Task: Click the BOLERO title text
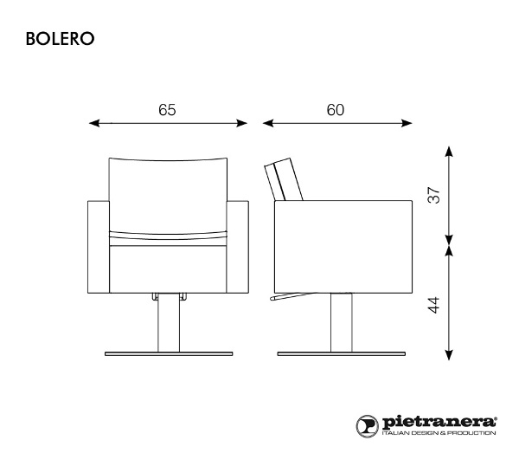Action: (x=60, y=39)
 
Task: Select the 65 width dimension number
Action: (x=167, y=110)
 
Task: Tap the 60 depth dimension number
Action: (x=336, y=110)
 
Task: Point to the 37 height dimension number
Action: (x=434, y=195)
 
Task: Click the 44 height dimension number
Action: (x=434, y=305)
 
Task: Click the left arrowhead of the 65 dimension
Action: (x=94, y=123)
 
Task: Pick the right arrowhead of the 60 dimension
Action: (x=407, y=123)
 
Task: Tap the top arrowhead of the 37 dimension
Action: (x=448, y=152)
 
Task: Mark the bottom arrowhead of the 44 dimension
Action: (x=448, y=355)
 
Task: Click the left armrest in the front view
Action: (x=99, y=247)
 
